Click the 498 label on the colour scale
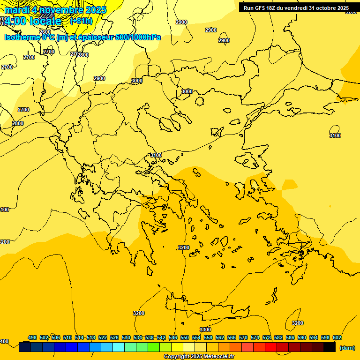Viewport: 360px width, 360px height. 32,337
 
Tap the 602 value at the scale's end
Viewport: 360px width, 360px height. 337,337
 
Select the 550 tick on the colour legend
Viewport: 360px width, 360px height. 185,337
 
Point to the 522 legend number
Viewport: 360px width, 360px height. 103,337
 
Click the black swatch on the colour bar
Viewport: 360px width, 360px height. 330,347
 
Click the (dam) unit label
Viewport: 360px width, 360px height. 347,348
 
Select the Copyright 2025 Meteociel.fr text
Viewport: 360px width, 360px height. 199,357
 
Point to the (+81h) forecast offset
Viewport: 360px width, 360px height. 81,21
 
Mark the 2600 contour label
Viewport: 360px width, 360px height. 45,32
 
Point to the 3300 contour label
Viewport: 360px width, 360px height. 205,330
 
